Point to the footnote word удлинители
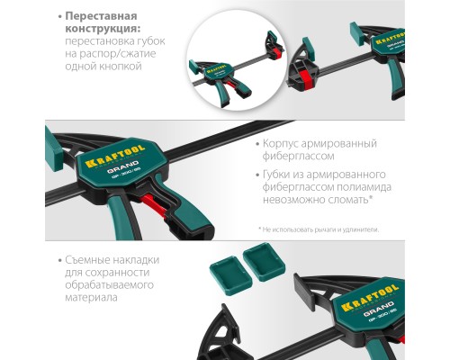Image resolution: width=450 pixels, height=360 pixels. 358,230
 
